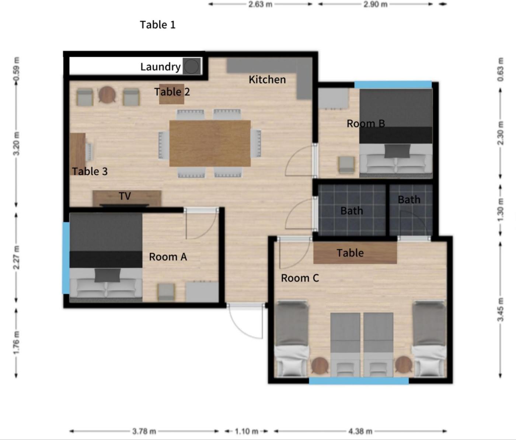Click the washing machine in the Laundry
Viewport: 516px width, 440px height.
pos(192,66)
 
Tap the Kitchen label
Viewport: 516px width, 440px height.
pos(267,80)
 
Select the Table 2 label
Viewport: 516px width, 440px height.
pos(172,92)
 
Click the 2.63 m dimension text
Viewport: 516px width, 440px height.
pos(260,4)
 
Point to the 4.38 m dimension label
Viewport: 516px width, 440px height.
pos(360,431)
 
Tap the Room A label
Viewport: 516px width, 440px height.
pos(168,257)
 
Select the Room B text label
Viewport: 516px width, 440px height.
pos(366,123)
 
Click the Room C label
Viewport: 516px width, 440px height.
pos(300,278)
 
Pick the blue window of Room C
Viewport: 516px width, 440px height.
pos(359,381)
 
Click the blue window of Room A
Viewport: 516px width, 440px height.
pos(66,258)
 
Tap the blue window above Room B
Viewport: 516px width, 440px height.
pos(393,85)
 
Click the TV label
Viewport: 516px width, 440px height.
pos(125,196)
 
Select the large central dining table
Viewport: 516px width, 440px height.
pos(210,143)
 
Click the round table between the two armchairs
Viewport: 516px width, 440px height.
pos(107,95)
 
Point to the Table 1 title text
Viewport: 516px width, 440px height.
pos(157,25)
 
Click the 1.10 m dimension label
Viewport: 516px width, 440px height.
pos(247,431)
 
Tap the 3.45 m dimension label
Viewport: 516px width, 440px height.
pos(501,310)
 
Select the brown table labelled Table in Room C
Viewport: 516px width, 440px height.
pos(355,253)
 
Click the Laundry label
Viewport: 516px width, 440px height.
pos(160,67)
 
